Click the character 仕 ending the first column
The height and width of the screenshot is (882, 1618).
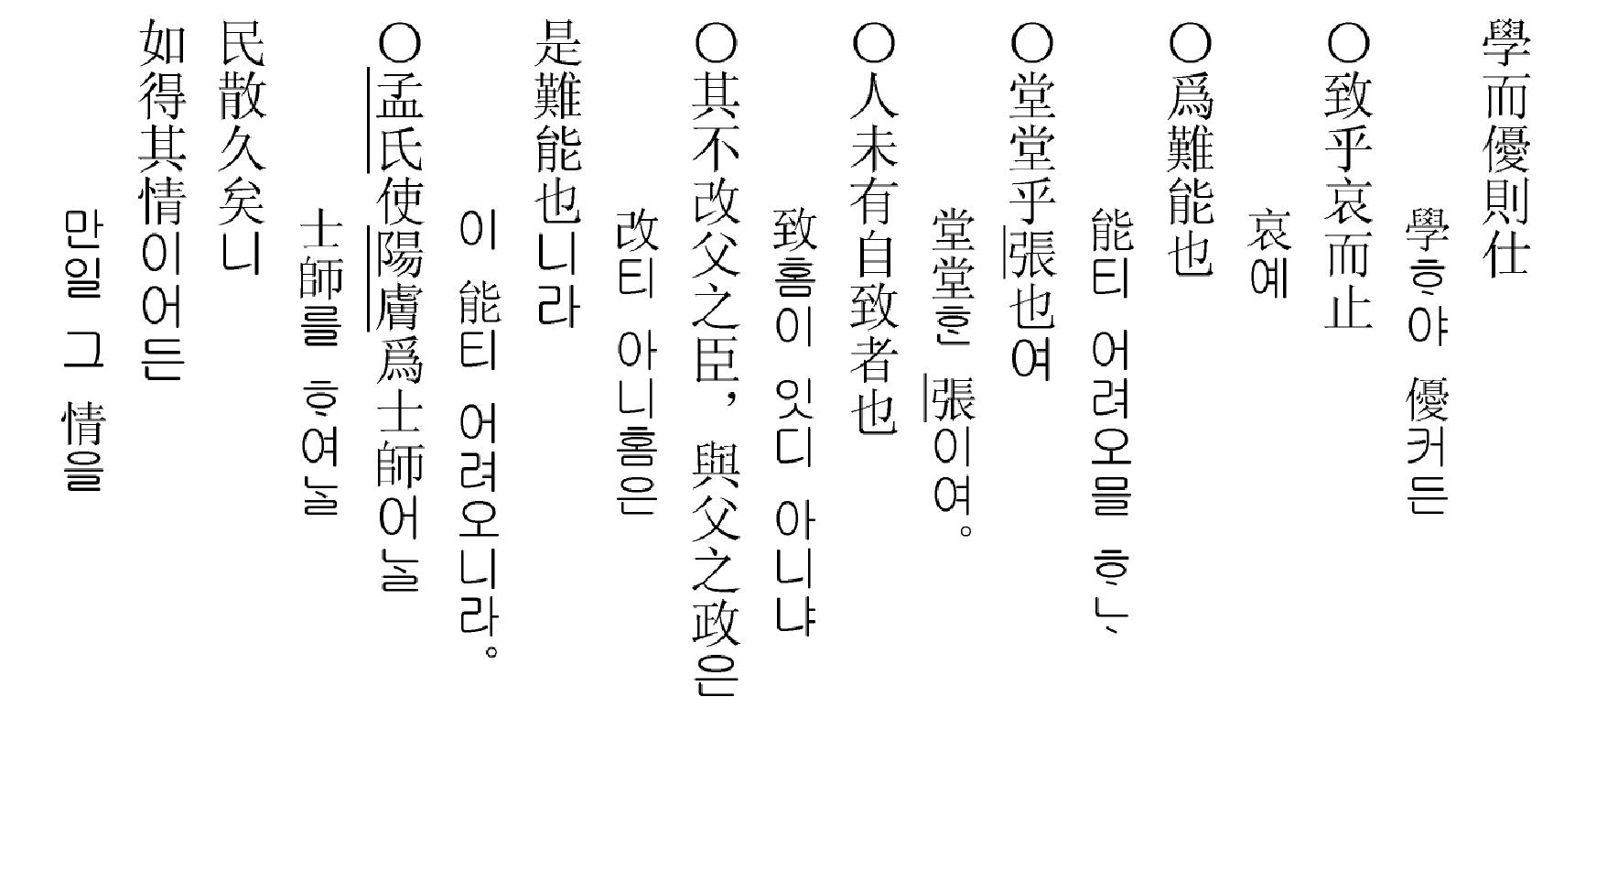1506,251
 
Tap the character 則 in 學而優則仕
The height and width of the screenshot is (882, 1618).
1506,199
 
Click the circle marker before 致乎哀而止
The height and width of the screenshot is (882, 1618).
1349,42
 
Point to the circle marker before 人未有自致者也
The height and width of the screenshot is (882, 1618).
874,42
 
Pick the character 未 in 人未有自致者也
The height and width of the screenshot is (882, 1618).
874,147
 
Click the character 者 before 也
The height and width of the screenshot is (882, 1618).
874,355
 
